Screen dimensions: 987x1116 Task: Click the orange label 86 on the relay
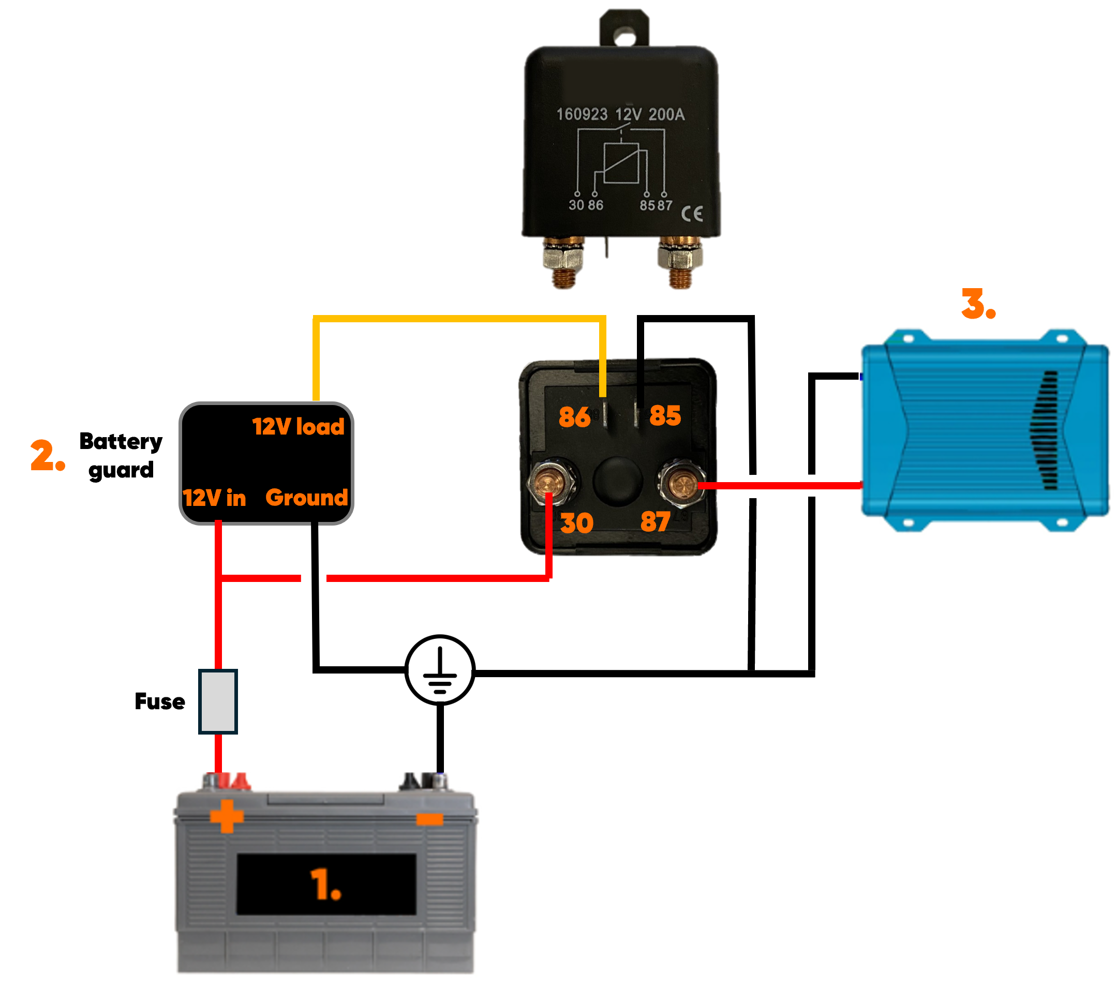tap(574, 417)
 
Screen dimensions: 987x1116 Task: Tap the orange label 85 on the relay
tap(665, 415)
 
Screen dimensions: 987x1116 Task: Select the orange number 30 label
tap(576, 523)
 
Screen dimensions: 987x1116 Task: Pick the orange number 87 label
tap(655, 521)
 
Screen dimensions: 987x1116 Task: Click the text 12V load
tap(298, 426)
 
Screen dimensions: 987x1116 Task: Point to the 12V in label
tap(214, 498)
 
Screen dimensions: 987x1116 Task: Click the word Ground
tap(306, 497)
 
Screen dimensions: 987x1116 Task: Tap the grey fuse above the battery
tap(218, 701)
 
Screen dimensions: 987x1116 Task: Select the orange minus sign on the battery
tap(430, 819)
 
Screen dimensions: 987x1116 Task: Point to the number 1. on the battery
tap(325, 885)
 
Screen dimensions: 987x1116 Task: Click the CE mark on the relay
tap(692, 214)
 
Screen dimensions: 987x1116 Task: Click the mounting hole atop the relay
tap(624, 36)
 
